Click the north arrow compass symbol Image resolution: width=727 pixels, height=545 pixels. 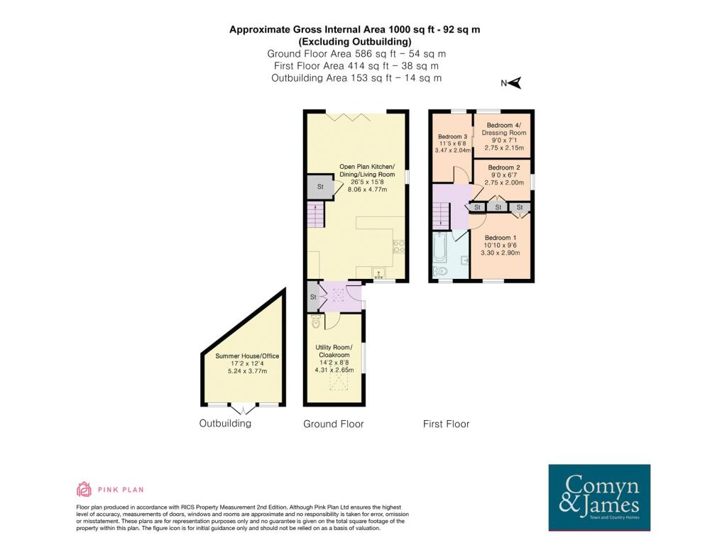coord(513,84)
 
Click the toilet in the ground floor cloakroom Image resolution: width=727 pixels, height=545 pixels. coord(316,323)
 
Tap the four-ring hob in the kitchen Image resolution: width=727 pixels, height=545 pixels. coord(399,247)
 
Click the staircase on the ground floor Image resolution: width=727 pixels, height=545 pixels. coord(314,214)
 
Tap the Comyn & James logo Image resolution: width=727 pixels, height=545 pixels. coord(599,497)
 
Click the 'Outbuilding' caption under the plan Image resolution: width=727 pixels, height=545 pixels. coord(225,424)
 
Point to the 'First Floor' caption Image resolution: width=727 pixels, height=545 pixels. coord(446,424)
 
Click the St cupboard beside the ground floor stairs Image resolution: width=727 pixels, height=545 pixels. coord(319,187)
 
